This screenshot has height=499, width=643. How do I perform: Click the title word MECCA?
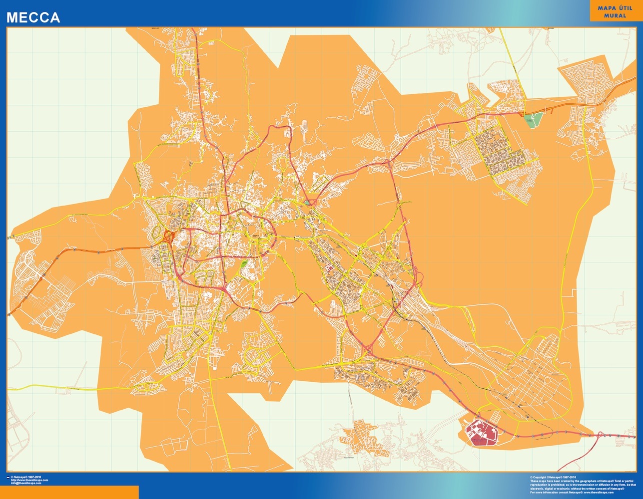click(x=33, y=18)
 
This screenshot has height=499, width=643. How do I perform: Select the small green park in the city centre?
click(x=244, y=264)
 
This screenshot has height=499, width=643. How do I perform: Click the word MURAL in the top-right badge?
click(x=615, y=15)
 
